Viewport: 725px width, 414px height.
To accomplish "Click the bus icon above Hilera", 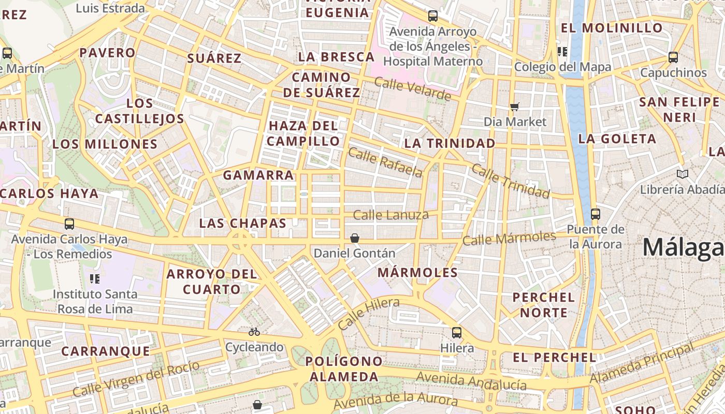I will coord(456,333).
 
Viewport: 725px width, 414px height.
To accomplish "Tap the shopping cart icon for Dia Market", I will coord(514,107).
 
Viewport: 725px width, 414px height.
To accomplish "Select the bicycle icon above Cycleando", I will coord(254,332).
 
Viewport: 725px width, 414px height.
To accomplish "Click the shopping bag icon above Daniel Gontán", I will coord(355,238).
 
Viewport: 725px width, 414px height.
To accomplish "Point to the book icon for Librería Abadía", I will coord(683,174).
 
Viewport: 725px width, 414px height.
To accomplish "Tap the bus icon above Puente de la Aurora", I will coord(596,214).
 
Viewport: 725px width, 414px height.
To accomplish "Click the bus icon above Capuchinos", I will coord(673,57).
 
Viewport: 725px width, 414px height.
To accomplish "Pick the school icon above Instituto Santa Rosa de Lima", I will coord(95,279).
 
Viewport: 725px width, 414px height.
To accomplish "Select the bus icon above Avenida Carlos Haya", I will coord(69,224).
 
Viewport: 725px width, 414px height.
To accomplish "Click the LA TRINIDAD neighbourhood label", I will coord(450,143).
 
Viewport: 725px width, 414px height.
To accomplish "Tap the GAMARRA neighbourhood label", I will coord(258,175).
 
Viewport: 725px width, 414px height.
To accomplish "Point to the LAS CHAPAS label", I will coord(243,223).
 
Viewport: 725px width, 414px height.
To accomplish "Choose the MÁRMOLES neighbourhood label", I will coord(417,273).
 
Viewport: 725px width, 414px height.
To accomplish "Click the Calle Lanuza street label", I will coord(390,215).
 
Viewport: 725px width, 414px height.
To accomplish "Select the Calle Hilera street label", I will coord(368,314).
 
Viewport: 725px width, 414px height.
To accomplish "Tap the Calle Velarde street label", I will coord(412,89).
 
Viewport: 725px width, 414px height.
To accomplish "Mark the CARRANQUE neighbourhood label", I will coord(106,351).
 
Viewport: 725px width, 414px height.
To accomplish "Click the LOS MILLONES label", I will coord(105,144).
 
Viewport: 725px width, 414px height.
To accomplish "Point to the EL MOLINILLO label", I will coord(612,28).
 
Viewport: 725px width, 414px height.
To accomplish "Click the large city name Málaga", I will coord(683,248).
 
